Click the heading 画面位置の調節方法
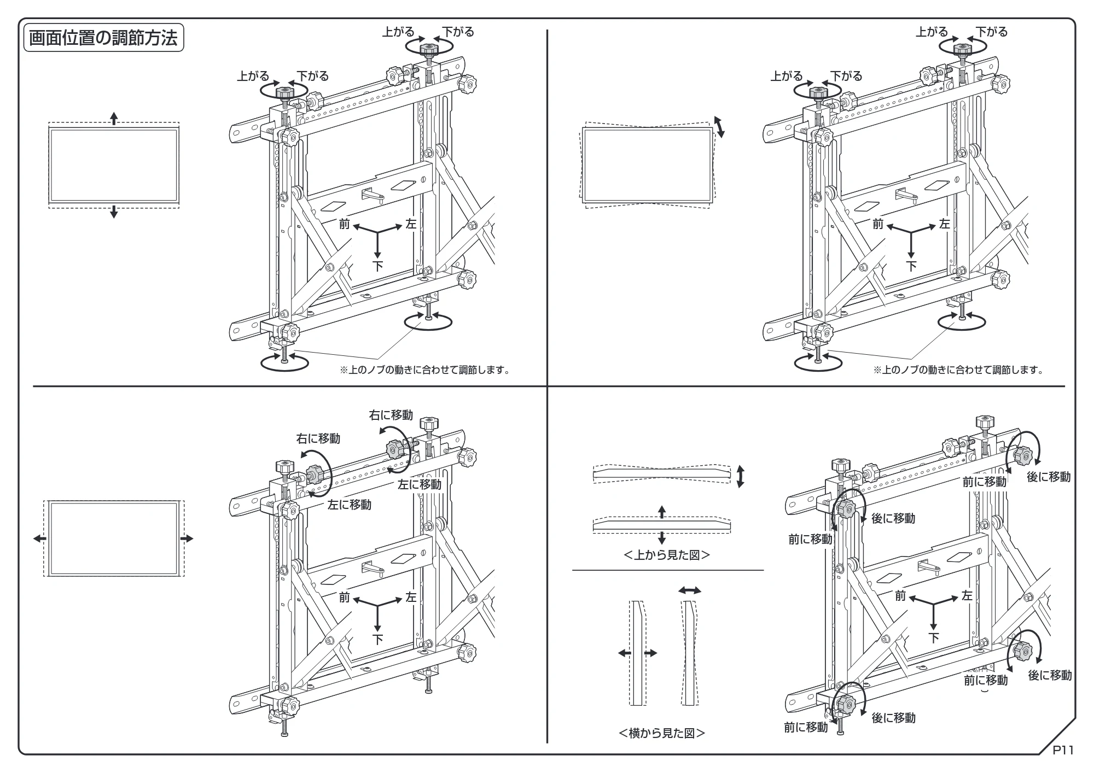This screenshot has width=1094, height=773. pyautogui.click(x=103, y=38)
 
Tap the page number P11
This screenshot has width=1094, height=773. pyautogui.click(x=1063, y=750)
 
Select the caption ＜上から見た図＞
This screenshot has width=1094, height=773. pyautogui.click(x=667, y=555)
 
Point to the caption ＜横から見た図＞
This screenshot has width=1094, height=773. pyautogui.click(x=662, y=733)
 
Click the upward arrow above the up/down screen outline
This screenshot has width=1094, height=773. pyautogui.click(x=114, y=118)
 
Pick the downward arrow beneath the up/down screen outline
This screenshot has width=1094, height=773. pyautogui.click(x=114, y=211)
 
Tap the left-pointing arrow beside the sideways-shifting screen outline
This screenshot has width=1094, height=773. pyautogui.click(x=40, y=538)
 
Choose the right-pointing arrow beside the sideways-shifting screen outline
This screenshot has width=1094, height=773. pyautogui.click(x=187, y=538)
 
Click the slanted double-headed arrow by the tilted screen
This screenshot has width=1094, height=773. pyautogui.click(x=720, y=127)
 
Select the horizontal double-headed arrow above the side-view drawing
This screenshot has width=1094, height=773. pyautogui.click(x=689, y=590)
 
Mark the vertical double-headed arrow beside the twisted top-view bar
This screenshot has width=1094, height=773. pyautogui.click(x=741, y=476)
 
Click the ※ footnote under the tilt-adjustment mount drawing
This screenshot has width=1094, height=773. pyautogui.click(x=958, y=370)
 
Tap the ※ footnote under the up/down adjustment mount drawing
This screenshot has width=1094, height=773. pyautogui.click(x=425, y=370)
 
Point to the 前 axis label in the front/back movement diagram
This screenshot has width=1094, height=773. pyautogui.click(x=900, y=596)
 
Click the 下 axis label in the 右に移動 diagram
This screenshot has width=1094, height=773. pyautogui.click(x=377, y=639)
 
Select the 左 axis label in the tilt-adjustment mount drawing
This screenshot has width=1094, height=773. pyautogui.click(x=945, y=224)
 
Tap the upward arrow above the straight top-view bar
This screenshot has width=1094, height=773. pyautogui.click(x=662, y=512)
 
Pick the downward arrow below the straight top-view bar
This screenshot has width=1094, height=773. pyautogui.click(x=662, y=537)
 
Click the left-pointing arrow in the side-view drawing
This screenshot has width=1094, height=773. pyautogui.click(x=624, y=653)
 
